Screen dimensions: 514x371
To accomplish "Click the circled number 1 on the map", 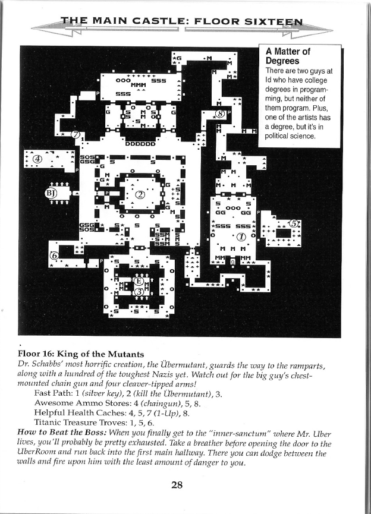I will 242,236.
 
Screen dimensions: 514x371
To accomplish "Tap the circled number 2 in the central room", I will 140,195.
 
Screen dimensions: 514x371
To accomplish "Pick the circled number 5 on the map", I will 293,224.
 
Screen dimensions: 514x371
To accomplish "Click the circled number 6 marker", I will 54,256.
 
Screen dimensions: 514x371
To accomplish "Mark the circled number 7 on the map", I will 76,134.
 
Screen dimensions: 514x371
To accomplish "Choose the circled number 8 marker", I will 221,113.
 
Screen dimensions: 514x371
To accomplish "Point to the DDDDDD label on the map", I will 141,143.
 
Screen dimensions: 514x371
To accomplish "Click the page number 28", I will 177,484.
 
